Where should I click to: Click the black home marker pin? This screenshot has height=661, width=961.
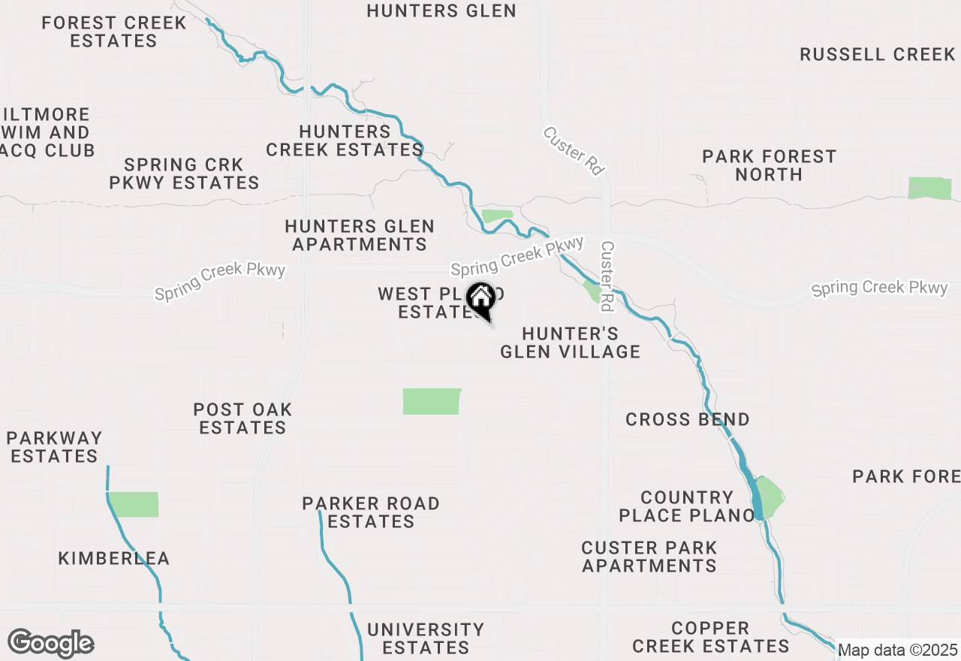[x=480, y=300]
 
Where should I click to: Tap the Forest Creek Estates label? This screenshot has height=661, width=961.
[x=114, y=32]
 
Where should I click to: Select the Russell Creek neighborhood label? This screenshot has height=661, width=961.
[x=877, y=54]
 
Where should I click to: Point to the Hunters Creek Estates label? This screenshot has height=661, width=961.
[x=345, y=140]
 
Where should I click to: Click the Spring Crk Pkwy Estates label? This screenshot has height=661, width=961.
[x=184, y=174]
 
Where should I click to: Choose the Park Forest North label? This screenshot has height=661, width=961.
[x=769, y=165]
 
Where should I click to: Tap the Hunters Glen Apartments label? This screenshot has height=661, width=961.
[x=360, y=235]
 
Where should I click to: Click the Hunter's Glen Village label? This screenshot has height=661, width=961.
[x=570, y=343]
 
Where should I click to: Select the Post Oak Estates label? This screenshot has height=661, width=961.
[x=242, y=418]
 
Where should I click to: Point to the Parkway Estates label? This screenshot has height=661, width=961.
[x=54, y=447]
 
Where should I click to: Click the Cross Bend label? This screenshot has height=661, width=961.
[x=687, y=419]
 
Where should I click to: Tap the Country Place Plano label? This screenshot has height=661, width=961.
[x=686, y=506]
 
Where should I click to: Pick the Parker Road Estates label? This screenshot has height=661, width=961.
[x=371, y=512]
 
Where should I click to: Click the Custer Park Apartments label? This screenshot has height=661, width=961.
[x=649, y=557]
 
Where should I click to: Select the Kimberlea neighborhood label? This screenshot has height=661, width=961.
[x=114, y=558]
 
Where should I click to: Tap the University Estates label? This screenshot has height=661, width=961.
[x=425, y=638]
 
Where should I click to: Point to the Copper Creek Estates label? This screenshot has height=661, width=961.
[x=710, y=637]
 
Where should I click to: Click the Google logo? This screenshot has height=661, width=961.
[x=50, y=644]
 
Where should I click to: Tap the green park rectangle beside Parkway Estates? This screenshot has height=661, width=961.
[x=134, y=505]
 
